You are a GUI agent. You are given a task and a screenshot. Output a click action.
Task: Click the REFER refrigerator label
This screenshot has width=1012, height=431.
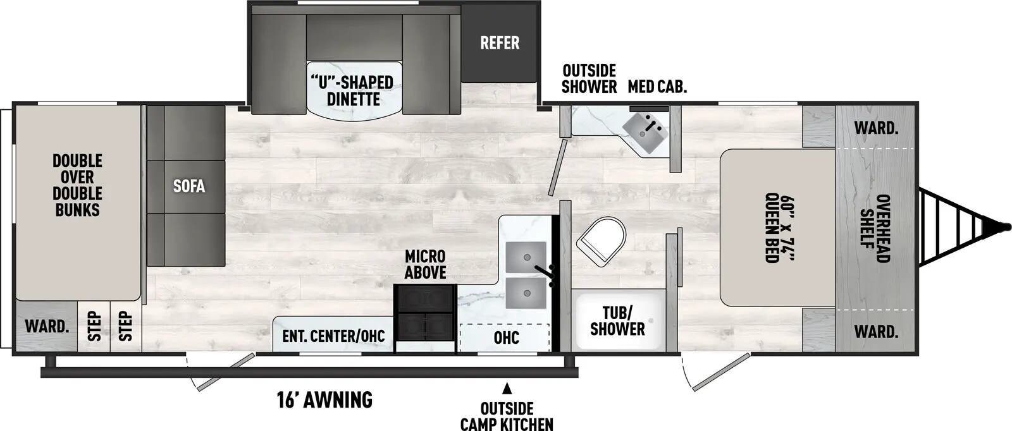(x=499, y=43)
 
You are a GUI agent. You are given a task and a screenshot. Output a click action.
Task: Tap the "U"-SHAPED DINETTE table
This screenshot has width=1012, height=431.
(x=354, y=91)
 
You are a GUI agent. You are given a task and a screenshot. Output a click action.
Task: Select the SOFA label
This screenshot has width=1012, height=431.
(x=189, y=186)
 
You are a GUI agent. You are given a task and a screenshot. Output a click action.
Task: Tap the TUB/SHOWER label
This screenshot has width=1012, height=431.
(x=617, y=320)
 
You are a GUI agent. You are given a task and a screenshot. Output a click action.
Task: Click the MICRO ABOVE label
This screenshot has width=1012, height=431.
(x=425, y=264)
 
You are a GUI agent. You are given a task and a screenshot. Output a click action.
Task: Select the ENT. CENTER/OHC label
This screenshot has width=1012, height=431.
(x=333, y=336)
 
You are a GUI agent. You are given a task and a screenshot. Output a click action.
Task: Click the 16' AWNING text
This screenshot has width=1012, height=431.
(x=324, y=399)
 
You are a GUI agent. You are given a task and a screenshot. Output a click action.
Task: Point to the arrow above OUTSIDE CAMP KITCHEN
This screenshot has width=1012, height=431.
(x=506, y=387)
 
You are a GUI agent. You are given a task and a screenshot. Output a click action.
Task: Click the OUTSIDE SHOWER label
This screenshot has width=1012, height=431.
(x=589, y=78)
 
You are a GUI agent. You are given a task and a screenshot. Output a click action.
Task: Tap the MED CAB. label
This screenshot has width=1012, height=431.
(x=657, y=87)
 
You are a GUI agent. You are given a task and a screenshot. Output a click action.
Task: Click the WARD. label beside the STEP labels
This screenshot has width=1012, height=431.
(x=46, y=327)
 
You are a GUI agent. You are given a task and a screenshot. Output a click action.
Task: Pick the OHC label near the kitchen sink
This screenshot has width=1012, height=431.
(x=507, y=337)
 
